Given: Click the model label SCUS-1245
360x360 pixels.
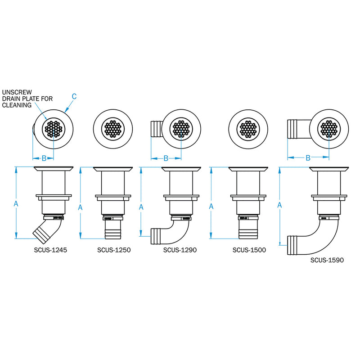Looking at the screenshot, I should coord(50,250).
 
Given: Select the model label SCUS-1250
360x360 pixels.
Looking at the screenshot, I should coord(114,250).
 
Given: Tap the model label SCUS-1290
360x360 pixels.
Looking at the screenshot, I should coord(180,250).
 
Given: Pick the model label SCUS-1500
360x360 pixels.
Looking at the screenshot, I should coord(249,250).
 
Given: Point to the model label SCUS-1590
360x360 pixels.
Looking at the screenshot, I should coord(327,260).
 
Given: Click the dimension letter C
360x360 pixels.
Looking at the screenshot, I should coord(74,95).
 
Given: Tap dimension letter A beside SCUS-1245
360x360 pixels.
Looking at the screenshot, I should coord(16,204).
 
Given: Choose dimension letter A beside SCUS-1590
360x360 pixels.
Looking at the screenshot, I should coord(280,205).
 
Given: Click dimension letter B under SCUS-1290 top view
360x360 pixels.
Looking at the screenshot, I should coord(166,158).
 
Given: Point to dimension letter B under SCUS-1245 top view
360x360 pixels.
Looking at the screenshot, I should coord(44,158).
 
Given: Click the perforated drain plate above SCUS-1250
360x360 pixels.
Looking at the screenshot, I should coord(112,130).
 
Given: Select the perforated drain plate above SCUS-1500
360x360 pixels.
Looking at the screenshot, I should coord(248,130).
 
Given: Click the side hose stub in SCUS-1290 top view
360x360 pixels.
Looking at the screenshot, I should coord(156,129).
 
